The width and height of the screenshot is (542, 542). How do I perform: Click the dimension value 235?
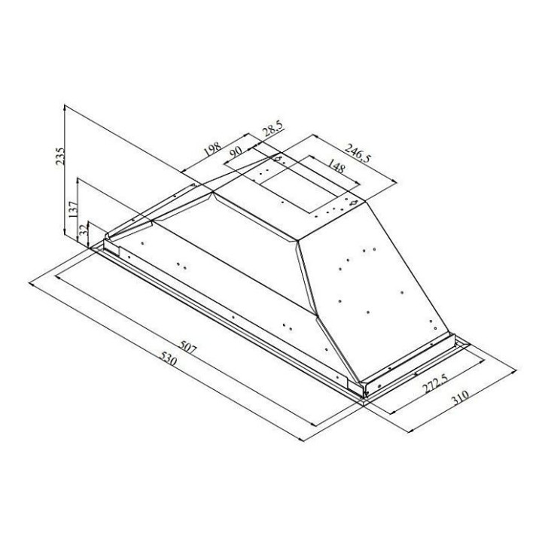60,156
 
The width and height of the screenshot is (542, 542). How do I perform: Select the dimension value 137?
74,209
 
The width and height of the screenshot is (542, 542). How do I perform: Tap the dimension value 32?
83,230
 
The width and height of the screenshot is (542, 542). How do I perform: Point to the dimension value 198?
212,149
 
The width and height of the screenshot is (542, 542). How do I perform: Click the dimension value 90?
236,152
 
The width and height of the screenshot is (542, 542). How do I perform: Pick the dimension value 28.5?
273,129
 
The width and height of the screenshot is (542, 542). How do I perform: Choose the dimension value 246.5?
358,152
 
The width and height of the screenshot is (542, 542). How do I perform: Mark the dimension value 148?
336,166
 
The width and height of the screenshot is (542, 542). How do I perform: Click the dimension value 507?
187,348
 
